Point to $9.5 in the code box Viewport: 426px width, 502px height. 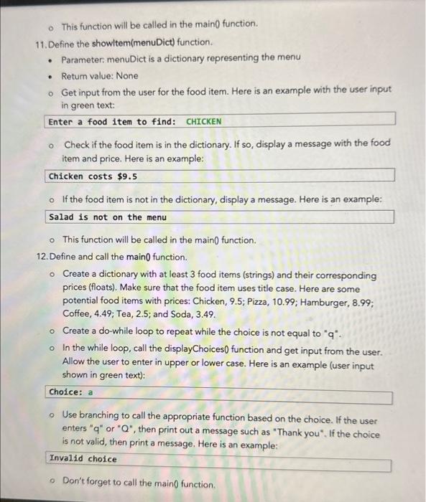(x=127, y=176)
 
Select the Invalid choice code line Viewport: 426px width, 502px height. (x=83, y=459)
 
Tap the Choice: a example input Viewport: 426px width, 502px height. (x=71, y=392)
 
